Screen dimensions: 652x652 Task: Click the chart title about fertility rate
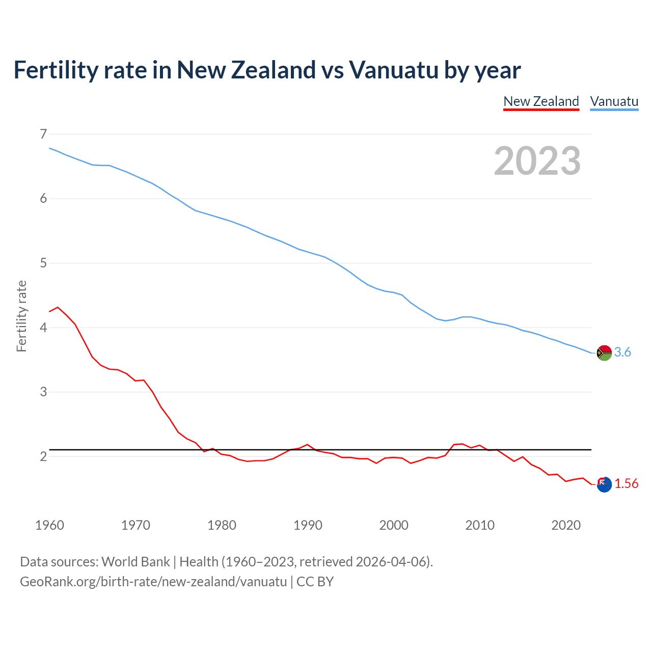(267, 70)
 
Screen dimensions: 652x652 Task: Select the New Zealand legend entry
(541, 101)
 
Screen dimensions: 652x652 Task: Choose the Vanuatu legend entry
(614, 101)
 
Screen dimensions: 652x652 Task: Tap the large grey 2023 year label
(537, 161)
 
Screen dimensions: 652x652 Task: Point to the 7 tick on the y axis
(43, 134)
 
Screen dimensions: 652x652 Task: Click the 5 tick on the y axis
(43, 263)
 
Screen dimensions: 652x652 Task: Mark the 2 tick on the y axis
(43, 456)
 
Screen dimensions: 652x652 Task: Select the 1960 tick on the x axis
(49, 525)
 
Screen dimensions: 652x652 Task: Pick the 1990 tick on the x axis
(308, 525)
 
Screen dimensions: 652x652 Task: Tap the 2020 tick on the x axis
(566, 525)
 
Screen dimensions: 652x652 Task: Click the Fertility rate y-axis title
(21, 316)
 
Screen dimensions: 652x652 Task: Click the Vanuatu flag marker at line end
(604, 352)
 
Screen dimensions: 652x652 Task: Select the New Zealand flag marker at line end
(604, 484)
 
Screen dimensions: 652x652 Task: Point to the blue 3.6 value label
(622, 352)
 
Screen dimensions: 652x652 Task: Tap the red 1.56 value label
(626, 484)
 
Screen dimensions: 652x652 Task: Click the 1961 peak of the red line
(58, 307)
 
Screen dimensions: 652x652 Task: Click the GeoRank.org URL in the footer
(153, 582)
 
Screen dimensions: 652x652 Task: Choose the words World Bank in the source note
(135, 562)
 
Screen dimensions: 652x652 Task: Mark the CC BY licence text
(315, 582)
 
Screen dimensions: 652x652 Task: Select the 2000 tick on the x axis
(394, 525)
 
